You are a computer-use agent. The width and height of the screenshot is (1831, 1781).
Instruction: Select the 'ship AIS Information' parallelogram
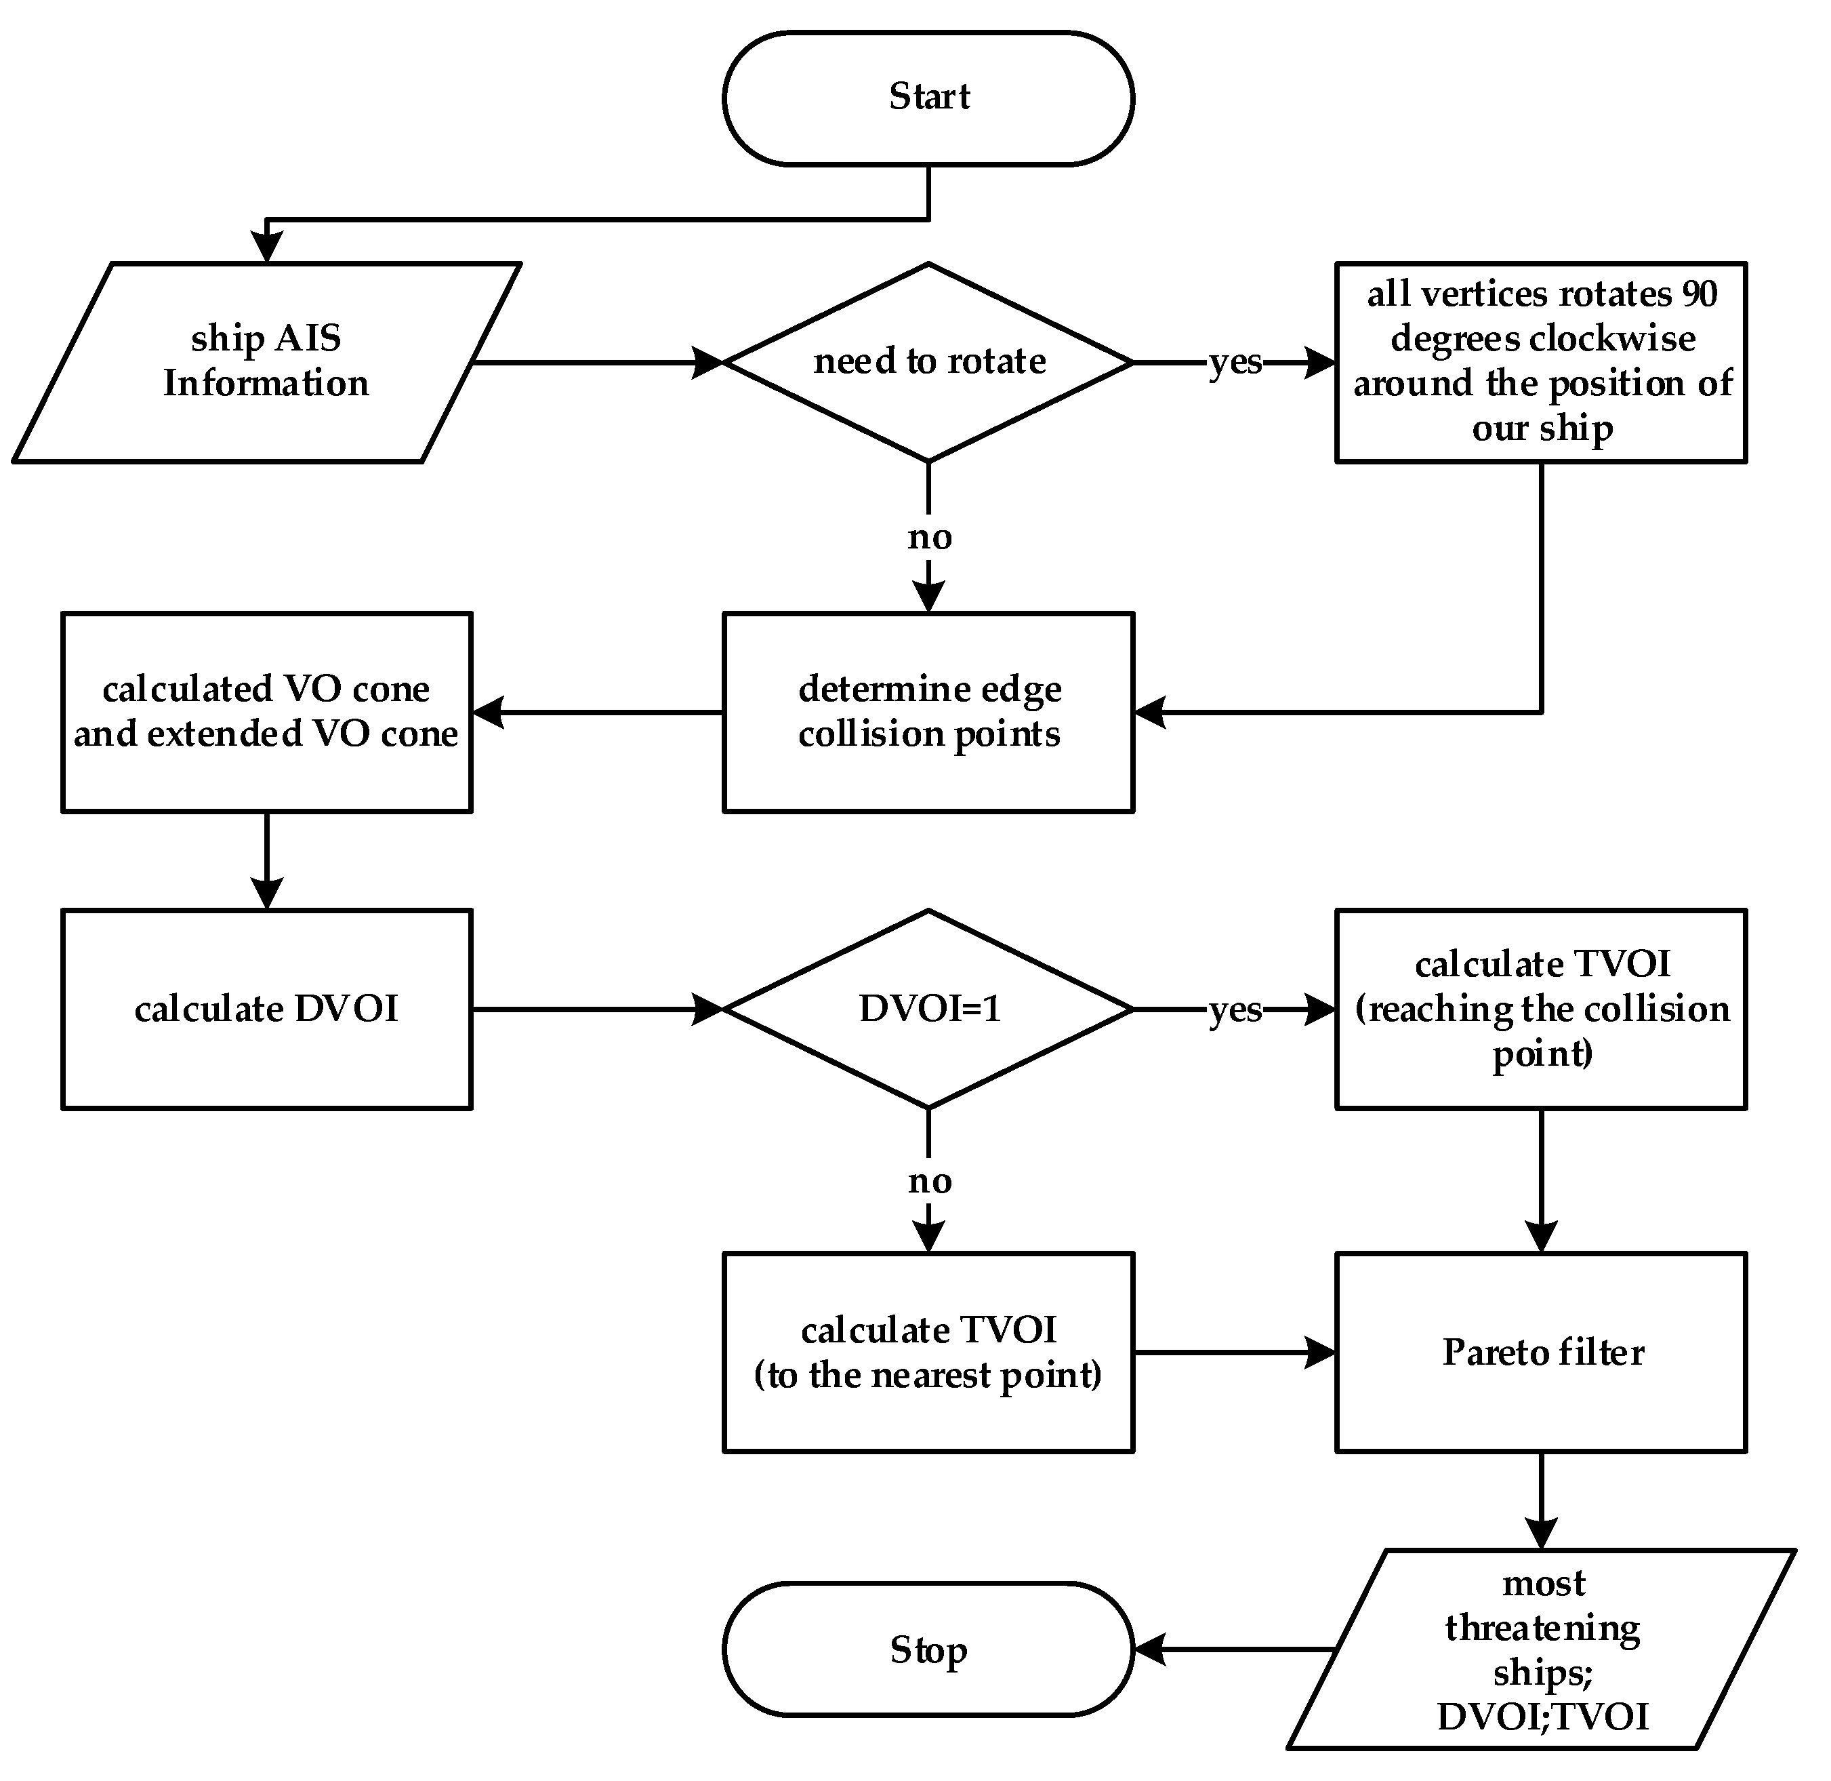point(266,362)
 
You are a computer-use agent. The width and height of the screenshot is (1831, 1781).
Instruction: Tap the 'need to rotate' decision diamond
point(928,362)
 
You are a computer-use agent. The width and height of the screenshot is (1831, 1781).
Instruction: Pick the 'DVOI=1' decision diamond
point(928,1009)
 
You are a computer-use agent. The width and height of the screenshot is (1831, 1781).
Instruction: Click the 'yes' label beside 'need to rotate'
point(1235,362)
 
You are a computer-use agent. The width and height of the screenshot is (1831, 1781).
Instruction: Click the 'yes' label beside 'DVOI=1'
point(1235,1009)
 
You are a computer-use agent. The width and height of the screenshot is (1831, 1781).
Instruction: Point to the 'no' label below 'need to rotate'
point(928,537)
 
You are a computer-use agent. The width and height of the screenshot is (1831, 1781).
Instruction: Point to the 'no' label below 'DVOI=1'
point(928,1182)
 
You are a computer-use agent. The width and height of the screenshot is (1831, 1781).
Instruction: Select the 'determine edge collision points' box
point(928,712)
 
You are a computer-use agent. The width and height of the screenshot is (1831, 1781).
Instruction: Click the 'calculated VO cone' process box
point(266,712)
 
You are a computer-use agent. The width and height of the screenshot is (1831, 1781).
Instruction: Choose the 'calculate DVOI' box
point(266,1009)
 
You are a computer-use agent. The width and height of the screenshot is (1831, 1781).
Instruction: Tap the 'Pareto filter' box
point(1541,1353)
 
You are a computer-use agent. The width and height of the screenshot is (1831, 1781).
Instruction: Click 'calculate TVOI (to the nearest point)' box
point(928,1353)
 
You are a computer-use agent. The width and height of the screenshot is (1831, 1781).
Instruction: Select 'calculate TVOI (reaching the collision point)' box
point(1541,1009)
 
